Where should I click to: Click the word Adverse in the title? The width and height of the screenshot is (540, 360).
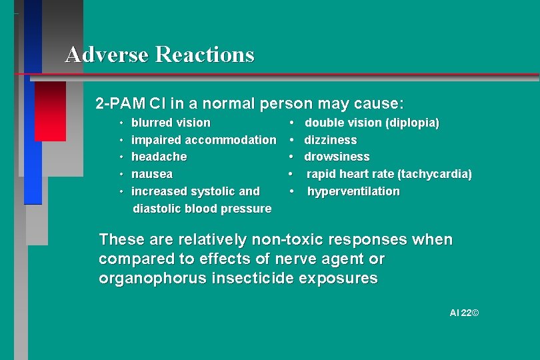point(107,54)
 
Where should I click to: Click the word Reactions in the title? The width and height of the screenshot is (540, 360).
point(205,54)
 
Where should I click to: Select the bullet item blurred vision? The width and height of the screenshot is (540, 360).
point(171,123)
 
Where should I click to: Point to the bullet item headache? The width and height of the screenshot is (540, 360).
point(159,157)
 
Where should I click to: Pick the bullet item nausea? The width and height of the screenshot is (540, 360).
point(152,174)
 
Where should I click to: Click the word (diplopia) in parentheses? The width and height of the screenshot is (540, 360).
point(413,123)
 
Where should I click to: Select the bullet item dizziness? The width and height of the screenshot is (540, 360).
point(330,140)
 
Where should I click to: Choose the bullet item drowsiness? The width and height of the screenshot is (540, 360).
point(337,157)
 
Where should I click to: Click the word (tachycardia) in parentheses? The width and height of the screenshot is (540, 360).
point(435,174)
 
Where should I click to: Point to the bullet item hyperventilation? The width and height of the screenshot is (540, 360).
point(353,191)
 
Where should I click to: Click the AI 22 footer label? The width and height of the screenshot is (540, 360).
point(464,312)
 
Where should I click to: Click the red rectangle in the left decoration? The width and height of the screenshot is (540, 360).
point(50,111)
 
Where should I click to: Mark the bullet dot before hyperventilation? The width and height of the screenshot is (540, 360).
point(292,191)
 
